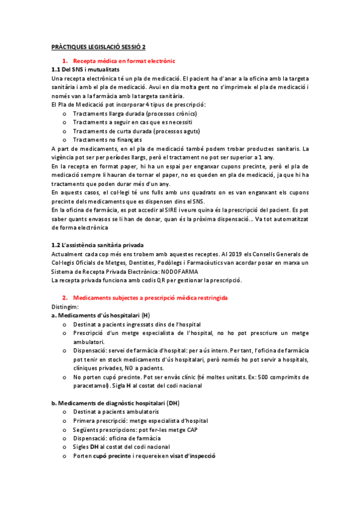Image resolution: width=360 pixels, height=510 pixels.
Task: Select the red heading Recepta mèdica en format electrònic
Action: (x=124, y=61)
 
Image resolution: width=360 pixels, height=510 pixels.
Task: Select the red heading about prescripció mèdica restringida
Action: (x=150, y=298)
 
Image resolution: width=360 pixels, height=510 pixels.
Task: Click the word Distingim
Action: (x=65, y=307)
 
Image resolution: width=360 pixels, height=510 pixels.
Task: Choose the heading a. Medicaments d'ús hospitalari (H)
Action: (x=100, y=316)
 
